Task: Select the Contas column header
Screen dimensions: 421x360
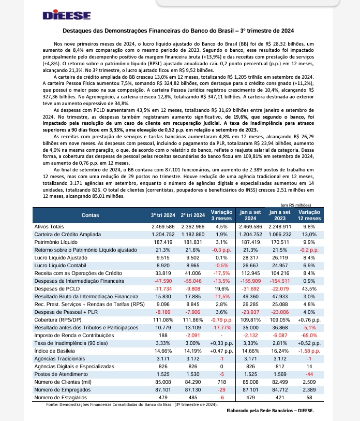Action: click(91, 215)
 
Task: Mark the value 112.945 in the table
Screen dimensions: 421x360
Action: click(250, 273)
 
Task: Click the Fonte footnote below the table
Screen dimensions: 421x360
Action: click(132, 404)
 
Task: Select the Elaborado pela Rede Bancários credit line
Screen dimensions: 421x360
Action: click(270, 410)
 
